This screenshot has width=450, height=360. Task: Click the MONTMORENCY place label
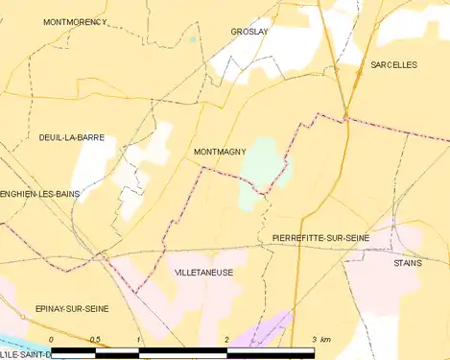click(x=75, y=21)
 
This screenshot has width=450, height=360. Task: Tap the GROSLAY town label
click(x=249, y=32)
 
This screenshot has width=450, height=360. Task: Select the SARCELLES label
click(x=393, y=64)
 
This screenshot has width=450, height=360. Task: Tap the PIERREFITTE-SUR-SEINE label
click(x=314, y=237)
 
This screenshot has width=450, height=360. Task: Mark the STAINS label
click(x=407, y=262)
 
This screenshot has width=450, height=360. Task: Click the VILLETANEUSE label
click(x=203, y=273)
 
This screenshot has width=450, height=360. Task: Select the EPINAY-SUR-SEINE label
click(x=72, y=308)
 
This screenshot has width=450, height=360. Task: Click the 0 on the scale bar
click(x=51, y=341)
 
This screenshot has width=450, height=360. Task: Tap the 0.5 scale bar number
click(x=95, y=341)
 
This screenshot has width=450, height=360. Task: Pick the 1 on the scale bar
click(x=139, y=341)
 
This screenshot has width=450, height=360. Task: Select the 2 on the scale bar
click(x=226, y=341)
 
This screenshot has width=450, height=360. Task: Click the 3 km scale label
click(x=320, y=341)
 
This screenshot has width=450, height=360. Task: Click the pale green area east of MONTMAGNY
click(x=262, y=168)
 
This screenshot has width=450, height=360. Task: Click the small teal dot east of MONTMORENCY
click(x=193, y=39)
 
